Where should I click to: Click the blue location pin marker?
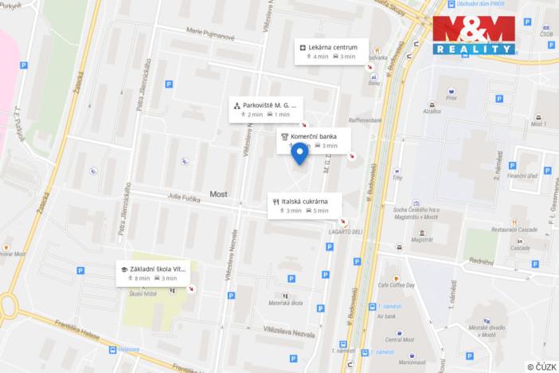coord(299,154)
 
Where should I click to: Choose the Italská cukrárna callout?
coord(304,206)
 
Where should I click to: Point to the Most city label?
coord(218,194)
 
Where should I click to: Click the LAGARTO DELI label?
coord(346,231)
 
